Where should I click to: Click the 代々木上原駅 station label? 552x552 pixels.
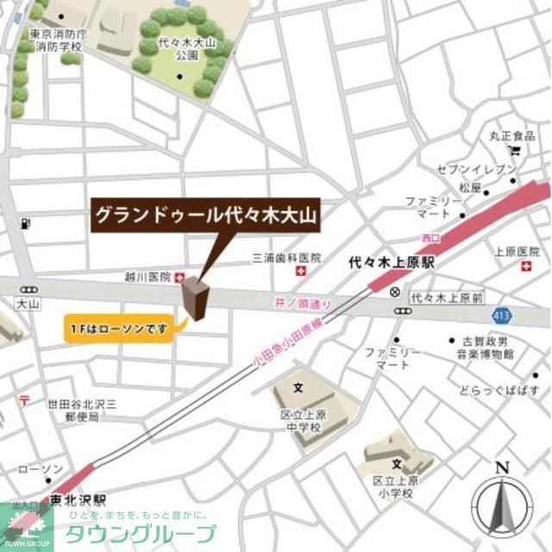coord(392,260)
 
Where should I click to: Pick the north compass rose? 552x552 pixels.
coord(503,504)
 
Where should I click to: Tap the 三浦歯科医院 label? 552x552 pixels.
coord(286,258)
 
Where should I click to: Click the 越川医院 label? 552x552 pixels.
coord(148,278)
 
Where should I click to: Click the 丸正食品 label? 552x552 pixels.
coord(512,136)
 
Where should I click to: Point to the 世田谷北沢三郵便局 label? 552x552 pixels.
coord(76,411)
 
